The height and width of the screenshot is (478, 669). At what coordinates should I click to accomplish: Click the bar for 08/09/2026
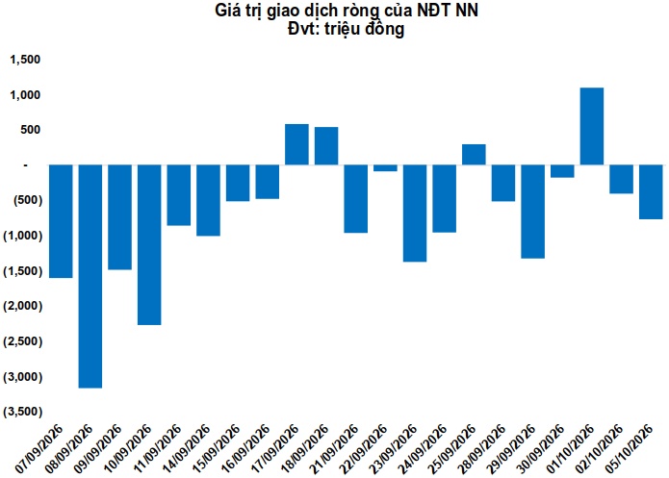(90, 276)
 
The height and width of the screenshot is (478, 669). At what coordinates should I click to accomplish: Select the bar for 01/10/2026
(592, 126)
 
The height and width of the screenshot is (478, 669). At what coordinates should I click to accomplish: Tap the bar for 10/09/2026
(149, 244)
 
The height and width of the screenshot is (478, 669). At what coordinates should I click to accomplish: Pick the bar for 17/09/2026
(296, 144)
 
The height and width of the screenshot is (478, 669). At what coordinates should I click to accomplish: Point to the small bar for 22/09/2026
(385, 168)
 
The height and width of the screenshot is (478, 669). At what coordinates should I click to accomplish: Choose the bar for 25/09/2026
(474, 154)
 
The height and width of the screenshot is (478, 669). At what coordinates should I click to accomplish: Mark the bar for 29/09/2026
(533, 212)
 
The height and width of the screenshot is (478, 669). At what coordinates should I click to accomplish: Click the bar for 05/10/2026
(651, 192)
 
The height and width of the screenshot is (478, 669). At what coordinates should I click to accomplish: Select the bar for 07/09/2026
(61, 221)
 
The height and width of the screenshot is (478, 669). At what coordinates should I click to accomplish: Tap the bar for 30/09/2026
(562, 171)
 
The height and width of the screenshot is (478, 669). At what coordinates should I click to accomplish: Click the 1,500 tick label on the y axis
(25, 60)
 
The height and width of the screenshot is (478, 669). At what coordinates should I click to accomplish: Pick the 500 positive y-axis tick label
(30, 130)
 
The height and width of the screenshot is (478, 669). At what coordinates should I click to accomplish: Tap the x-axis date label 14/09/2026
(186, 448)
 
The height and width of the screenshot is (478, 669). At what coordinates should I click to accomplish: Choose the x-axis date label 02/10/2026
(599, 448)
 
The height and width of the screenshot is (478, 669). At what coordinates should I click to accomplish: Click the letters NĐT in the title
(433, 11)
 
